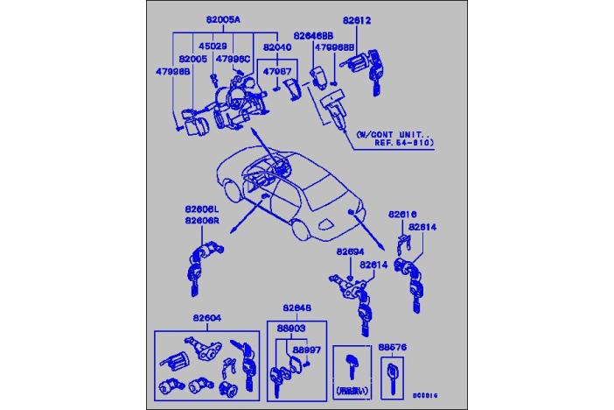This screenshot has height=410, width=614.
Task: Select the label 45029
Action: click(213, 46)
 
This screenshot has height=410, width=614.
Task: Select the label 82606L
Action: click(202, 210)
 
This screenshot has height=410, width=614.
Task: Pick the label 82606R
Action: click(202, 222)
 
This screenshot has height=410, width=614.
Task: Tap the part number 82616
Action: click(403, 213)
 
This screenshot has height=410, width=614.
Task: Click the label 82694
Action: click(351, 251)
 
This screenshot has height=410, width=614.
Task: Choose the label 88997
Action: click(306, 349)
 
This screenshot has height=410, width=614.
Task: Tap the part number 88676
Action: click(392, 346)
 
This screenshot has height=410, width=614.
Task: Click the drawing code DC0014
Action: click(425, 395)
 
